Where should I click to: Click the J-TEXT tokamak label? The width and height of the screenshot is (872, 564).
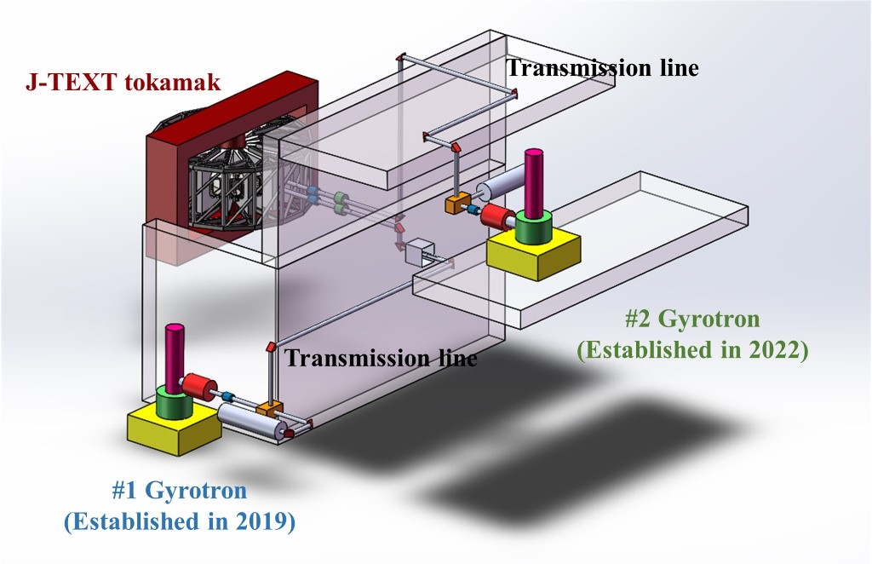point(122,83)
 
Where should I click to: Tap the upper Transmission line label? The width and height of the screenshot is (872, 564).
point(603,68)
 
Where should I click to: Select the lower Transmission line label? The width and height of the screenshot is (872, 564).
point(381,358)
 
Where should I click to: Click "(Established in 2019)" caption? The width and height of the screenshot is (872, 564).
point(180,521)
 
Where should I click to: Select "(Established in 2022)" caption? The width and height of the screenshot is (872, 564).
point(691,350)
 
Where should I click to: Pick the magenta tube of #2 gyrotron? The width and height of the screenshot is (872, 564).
point(534,183)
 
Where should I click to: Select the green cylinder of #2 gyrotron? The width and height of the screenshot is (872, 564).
point(534,226)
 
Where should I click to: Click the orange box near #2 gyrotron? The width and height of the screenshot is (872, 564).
point(458,204)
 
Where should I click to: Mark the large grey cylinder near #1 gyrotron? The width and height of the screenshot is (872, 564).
point(251,422)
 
